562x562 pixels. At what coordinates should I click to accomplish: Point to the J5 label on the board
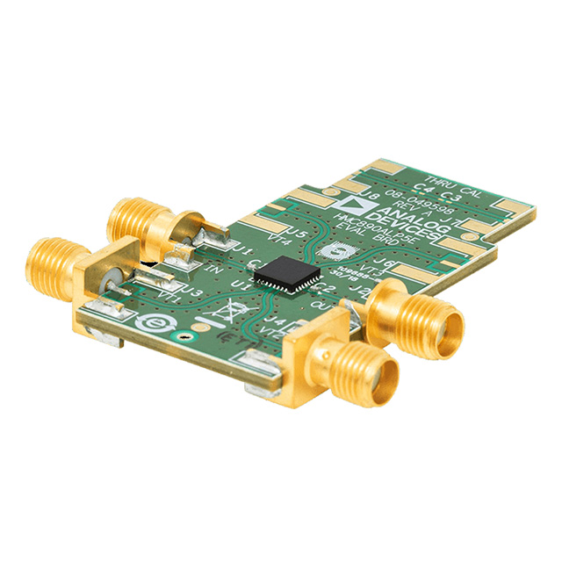(297, 234)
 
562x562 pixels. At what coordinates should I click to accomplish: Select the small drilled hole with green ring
(184, 335)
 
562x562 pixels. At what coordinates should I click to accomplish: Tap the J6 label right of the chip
(383, 261)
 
